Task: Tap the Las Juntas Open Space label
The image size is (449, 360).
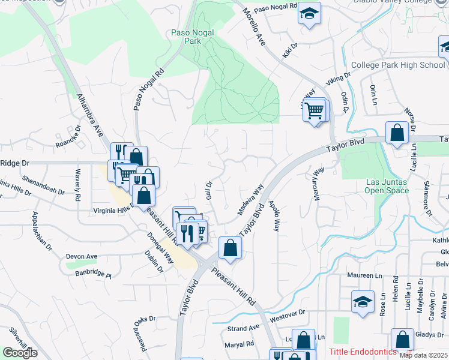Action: point(387,186)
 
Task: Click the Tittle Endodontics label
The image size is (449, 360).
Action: point(363,352)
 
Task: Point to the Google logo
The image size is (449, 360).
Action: point(20,353)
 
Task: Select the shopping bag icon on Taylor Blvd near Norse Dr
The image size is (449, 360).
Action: point(397,133)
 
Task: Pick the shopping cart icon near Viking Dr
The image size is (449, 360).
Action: point(315,111)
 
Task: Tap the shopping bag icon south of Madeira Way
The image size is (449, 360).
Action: point(231,247)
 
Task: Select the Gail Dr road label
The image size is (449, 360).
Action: point(209,191)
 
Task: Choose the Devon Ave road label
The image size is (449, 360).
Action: point(81,256)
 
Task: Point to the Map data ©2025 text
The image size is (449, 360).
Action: point(423,355)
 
